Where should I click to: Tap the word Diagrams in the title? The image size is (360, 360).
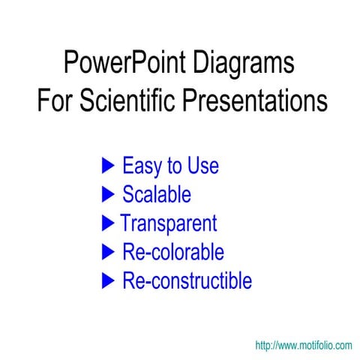(x=244, y=64)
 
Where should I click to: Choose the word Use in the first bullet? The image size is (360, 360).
(x=202, y=165)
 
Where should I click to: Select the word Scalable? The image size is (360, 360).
(x=156, y=194)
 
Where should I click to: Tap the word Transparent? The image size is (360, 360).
(x=169, y=223)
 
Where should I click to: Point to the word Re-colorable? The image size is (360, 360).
(x=172, y=252)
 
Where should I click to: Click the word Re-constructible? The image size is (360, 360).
(x=187, y=281)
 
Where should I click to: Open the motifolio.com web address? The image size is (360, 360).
(x=303, y=346)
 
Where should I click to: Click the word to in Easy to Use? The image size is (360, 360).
(x=175, y=166)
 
